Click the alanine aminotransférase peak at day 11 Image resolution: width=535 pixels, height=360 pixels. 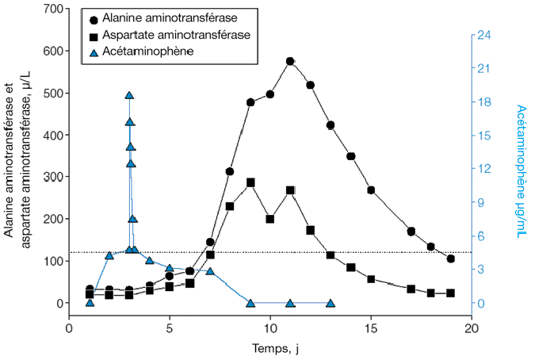[x=290, y=61]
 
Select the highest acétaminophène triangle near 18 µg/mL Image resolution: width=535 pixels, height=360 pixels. [x=129, y=95]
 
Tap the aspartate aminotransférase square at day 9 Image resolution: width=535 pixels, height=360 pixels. [x=250, y=182]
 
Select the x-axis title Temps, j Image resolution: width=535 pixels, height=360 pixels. [x=270, y=347]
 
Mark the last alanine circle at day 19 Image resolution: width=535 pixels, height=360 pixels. [x=451, y=259]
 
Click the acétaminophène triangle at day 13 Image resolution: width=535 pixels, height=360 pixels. [x=331, y=303]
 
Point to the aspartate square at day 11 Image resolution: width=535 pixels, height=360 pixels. [x=290, y=190]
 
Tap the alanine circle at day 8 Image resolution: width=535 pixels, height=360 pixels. [x=230, y=171]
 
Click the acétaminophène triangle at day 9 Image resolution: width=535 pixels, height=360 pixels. [x=250, y=303]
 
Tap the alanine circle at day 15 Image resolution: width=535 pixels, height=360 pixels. [x=371, y=190]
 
